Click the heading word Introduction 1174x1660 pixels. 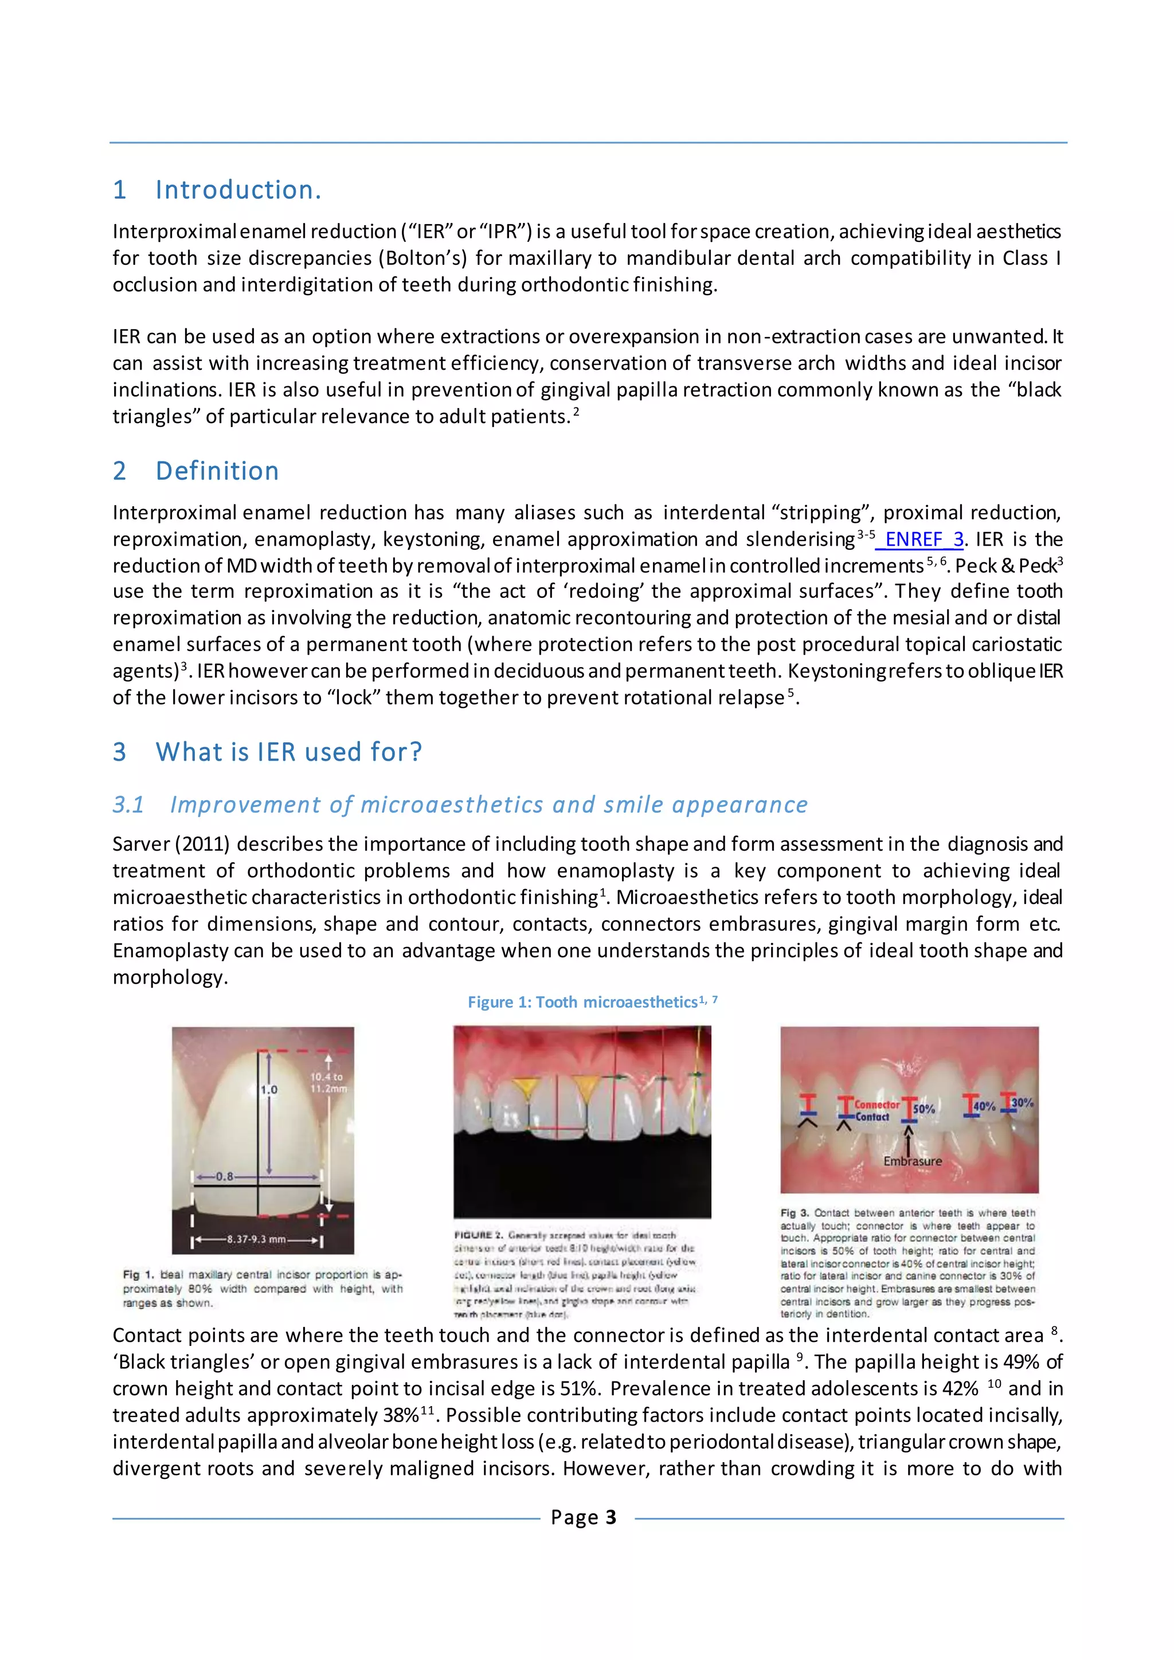pos(238,190)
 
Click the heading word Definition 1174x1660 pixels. pos(217,471)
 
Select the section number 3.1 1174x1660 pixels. pos(128,805)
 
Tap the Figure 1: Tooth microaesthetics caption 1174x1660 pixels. pos(592,1002)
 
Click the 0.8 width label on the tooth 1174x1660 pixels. pos(224,1176)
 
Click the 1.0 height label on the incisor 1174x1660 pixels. pos(269,1090)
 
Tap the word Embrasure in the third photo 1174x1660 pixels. pos(912,1161)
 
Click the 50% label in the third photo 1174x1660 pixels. pos(924,1109)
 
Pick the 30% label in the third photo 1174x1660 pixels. pos(1022,1103)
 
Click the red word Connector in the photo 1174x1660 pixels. pos(877,1105)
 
